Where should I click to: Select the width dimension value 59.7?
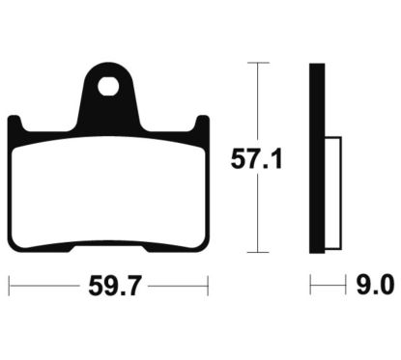point(108,286)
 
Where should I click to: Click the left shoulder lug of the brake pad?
point(15,125)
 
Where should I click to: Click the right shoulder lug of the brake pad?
point(201,125)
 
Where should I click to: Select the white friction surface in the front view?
point(108,183)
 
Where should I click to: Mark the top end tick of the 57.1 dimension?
point(256,63)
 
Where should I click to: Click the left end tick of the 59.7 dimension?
point(10,286)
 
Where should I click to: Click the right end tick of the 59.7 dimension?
point(208,286)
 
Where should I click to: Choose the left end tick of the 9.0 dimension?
point(311,286)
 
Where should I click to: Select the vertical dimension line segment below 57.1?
point(256,212)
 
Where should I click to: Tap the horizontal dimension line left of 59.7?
point(43,286)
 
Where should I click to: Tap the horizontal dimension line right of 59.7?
point(179,286)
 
